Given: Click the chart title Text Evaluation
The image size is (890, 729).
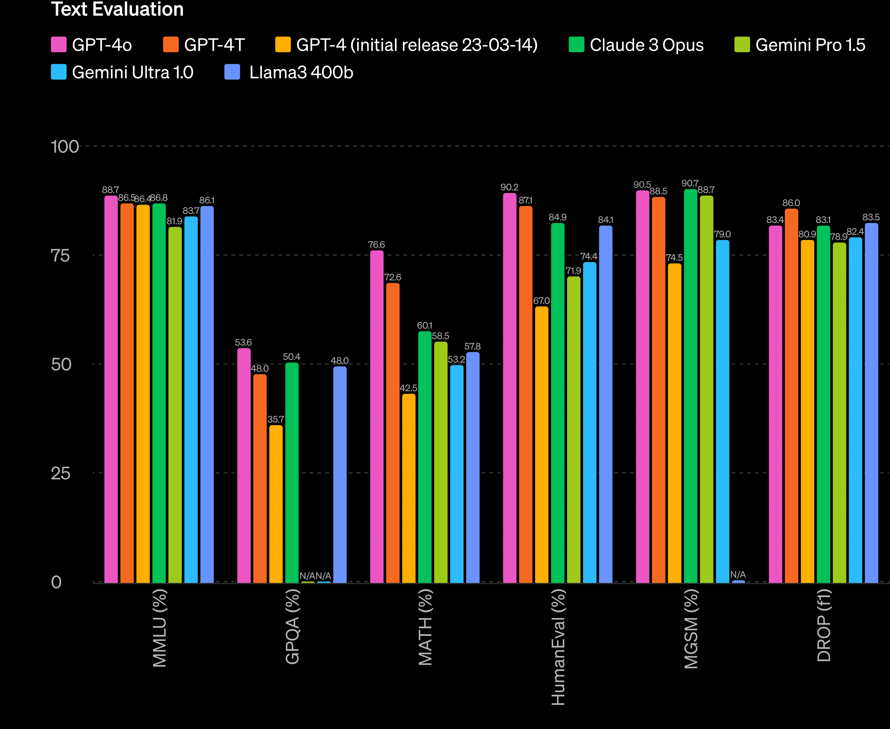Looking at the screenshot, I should pyautogui.click(x=117, y=9).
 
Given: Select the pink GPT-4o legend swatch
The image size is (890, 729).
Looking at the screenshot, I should pyautogui.click(x=58, y=45).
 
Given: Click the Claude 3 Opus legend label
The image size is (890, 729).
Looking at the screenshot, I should pyautogui.click(x=646, y=45).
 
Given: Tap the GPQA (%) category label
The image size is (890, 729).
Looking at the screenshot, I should pyautogui.click(x=293, y=626).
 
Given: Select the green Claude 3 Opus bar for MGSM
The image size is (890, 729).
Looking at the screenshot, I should pyautogui.click(x=690, y=386).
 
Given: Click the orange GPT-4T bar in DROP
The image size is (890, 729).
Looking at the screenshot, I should pyautogui.click(x=791, y=395).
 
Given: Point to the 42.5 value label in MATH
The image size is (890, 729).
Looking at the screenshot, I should pyautogui.click(x=408, y=388).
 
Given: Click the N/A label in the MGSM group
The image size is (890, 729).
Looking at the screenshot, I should pyautogui.click(x=738, y=575).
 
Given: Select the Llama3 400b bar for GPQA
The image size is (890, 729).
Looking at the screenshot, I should pyautogui.click(x=340, y=474).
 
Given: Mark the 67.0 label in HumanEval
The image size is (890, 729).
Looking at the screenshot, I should pyautogui.click(x=541, y=301).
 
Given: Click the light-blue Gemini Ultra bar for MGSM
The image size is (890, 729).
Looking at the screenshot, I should pyautogui.click(x=722, y=412).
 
